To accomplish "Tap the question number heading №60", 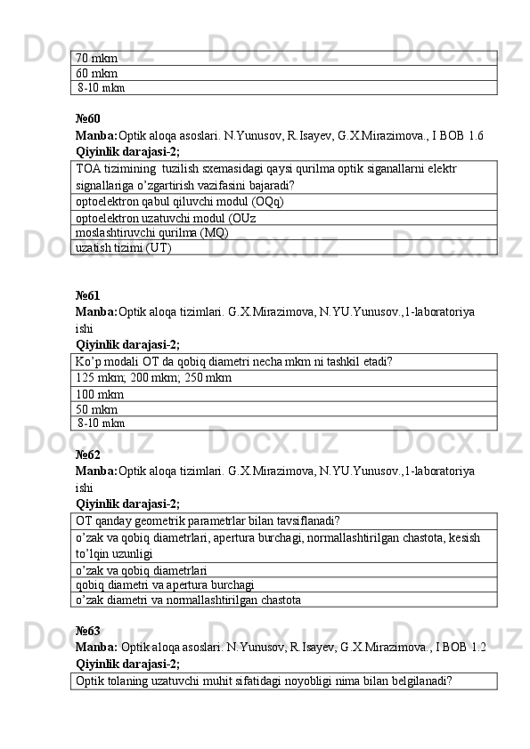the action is (87, 118).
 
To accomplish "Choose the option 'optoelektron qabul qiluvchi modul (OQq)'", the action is (180, 202).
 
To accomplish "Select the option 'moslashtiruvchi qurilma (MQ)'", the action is (152, 232).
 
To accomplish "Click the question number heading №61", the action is (87, 294).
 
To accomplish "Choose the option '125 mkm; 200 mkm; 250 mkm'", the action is (154, 378).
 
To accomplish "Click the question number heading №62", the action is (87, 455).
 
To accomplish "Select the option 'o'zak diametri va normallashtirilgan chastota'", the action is (188, 600).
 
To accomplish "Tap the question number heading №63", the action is (87, 630).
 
